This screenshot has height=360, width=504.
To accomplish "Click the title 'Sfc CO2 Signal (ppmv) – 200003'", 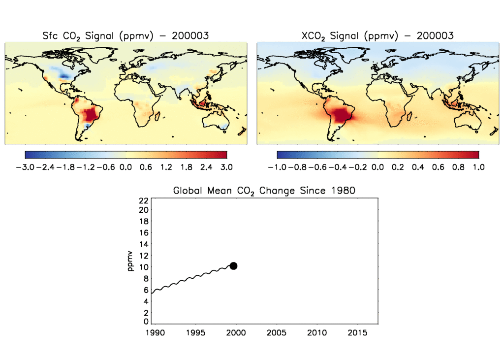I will pos(126,35).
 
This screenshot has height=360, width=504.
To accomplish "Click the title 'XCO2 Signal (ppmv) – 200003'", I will pos(378,35).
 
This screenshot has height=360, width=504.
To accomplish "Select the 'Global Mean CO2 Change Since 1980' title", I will pos(264,191).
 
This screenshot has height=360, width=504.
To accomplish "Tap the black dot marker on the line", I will pos(233,266).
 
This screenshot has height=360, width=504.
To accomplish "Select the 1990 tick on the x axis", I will pos(153,333).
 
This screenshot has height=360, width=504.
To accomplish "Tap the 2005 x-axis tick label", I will pos(276,333).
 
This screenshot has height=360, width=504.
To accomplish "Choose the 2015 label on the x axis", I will pos(357,333).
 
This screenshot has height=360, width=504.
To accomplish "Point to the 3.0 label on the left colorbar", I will pos(227,167).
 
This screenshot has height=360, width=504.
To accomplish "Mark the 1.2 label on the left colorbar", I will pos(166,167).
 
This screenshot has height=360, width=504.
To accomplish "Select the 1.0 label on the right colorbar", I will pos(478,167).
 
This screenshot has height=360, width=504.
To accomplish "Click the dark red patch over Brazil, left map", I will pos(92,115).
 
